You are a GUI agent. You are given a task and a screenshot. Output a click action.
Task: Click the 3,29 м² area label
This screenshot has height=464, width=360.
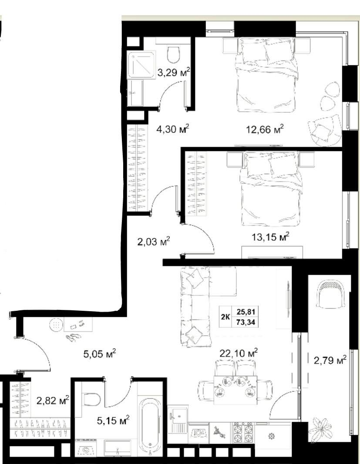174,72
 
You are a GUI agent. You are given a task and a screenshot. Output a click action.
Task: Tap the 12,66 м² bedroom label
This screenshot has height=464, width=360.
265,129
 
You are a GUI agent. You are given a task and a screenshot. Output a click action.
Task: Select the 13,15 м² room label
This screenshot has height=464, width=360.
270,237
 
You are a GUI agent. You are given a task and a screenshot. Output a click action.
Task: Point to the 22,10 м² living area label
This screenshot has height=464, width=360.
239,353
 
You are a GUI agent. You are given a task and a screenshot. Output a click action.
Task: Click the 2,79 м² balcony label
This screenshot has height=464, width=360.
330,360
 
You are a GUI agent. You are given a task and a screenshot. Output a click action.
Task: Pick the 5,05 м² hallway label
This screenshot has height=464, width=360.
100,353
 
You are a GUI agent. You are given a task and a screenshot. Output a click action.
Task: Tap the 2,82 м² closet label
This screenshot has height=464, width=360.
53,401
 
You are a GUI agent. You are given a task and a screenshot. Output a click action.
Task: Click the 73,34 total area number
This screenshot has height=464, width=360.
246,322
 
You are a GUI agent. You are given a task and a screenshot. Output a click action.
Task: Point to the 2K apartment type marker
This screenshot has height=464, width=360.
225,316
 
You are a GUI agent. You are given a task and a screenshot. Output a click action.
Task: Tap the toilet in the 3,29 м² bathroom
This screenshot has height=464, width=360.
174,54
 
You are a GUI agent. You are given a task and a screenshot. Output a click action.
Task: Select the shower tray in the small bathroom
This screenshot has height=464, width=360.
141,65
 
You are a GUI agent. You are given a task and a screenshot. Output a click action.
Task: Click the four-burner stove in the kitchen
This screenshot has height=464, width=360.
243,433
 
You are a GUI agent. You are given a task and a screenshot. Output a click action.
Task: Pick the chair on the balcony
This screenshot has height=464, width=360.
331,294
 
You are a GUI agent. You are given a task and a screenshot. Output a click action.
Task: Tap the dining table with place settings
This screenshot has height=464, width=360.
236,390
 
